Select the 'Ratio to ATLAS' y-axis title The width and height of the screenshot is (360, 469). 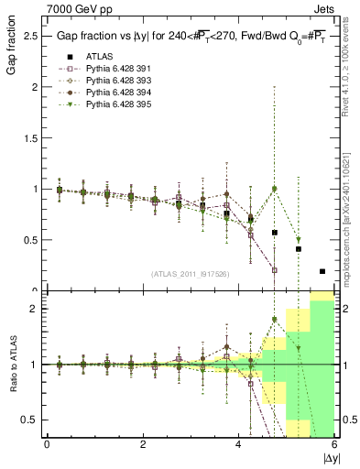[11, 364]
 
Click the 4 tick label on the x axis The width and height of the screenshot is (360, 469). [238, 444]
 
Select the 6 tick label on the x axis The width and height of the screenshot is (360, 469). [333, 444]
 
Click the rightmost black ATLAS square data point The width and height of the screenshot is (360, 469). [322, 271]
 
